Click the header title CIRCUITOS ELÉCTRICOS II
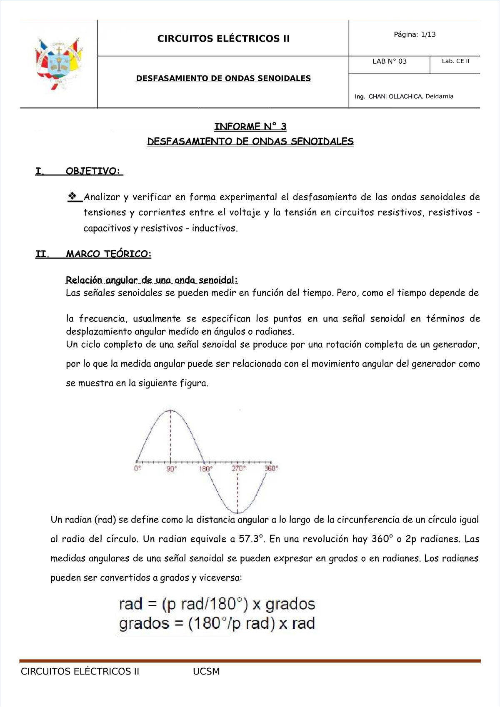coord(223,39)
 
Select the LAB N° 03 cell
coord(389,61)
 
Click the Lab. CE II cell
coord(455,61)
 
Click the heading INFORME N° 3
coord(250,126)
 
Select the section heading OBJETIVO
coord(92,171)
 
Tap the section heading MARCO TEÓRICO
coord(108,254)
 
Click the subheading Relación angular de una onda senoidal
coord(152,280)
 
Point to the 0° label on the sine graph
coord(137,468)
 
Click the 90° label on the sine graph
coord(171,468)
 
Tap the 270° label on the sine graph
coord(239,468)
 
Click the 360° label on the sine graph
coord(271,468)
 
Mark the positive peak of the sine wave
coord(170,411)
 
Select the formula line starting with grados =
coord(217,623)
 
